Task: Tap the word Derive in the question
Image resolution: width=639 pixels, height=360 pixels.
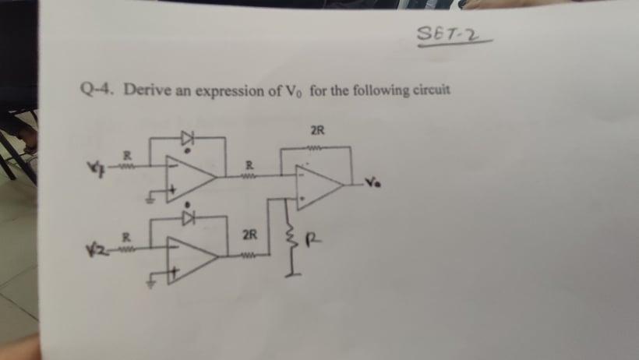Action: [142, 90]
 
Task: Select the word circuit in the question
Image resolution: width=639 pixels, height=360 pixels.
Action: [429, 89]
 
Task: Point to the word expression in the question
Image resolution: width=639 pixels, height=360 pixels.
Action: [231, 91]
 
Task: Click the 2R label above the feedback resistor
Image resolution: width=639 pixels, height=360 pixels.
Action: [317, 129]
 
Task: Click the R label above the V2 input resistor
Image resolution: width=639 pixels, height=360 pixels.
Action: [124, 235]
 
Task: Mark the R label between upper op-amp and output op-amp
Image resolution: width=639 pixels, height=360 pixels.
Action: [249, 164]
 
